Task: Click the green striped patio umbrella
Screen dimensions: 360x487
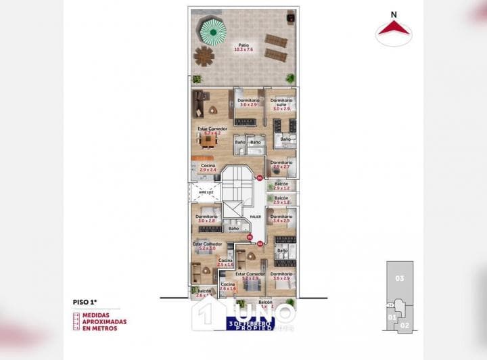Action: pyautogui.click(x=212, y=30)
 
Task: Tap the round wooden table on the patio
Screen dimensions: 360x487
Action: pyautogui.click(x=204, y=55)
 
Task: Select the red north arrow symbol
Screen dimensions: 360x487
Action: pyautogui.click(x=394, y=28)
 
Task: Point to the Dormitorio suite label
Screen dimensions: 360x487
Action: pyautogui.click(x=281, y=102)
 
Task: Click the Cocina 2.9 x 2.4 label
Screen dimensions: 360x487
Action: pyautogui.click(x=208, y=167)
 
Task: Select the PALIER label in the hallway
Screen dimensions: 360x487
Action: pyautogui.click(x=255, y=217)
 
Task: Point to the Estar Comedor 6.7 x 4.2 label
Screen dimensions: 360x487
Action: pyautogui.click(x=212, y=131)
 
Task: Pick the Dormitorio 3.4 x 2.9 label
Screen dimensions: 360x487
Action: pyautogui.click(x=281, y=219)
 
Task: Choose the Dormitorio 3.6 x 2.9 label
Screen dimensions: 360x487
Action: pyautogui.click(x=281, y=275)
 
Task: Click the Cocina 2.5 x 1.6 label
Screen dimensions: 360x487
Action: pyautogui.click(x=225, y=262)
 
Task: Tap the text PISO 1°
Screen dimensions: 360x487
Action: pyautogui.click(x=86, y=302)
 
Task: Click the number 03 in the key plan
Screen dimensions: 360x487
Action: pyautogui.click(x=400, y=278)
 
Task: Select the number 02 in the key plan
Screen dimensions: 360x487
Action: pyautogui.click(x=404, y=325)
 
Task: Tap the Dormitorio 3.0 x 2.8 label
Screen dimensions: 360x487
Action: pyautogui.click(x=207, y=219)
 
